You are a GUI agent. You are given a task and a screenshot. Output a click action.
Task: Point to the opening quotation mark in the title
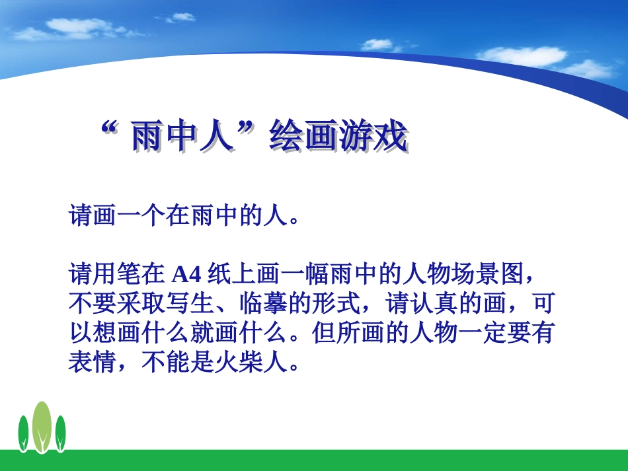(109, 129)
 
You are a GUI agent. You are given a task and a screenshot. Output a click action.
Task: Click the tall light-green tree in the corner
(42, 426)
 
